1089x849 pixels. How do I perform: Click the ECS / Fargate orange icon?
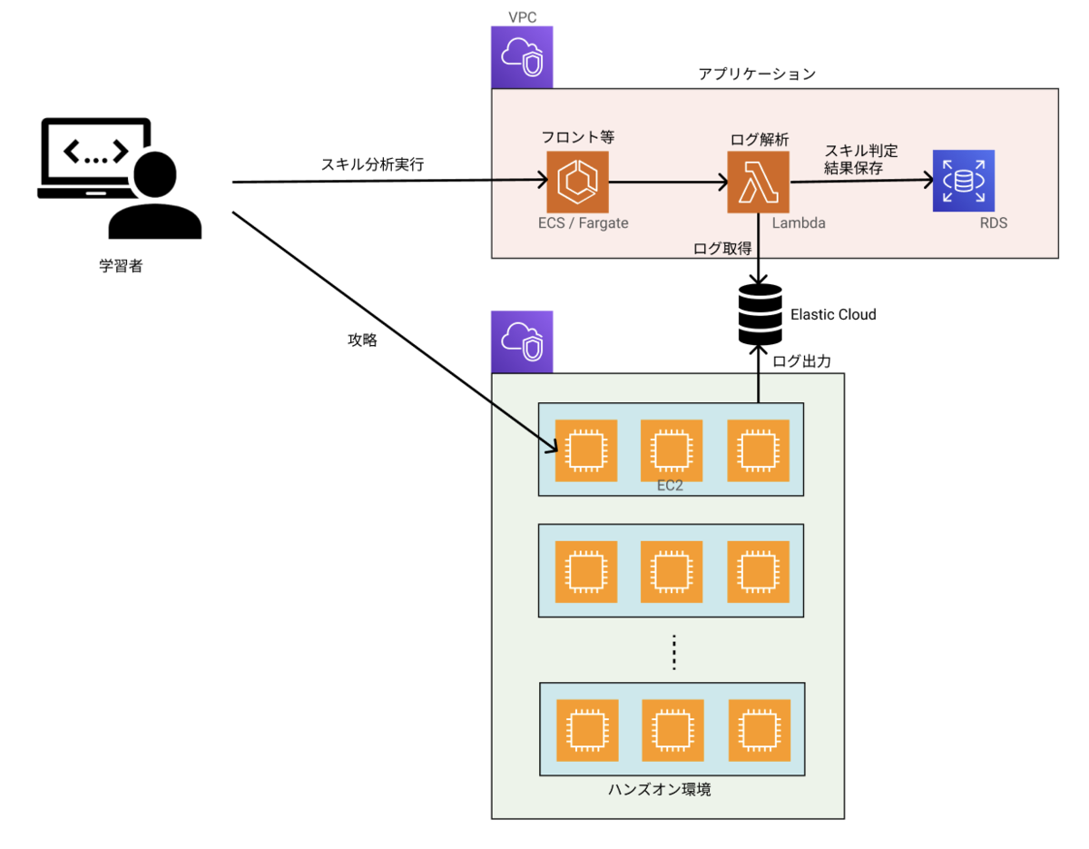(x=577, y=183)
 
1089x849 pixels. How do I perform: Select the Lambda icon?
(x=758, y=183)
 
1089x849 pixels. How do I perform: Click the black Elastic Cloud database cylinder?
(x=760, y=314)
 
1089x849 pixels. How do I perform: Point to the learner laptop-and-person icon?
(x=119, y=177)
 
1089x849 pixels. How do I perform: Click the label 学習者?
(x=121, y=268)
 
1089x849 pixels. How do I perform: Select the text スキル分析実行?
(x=372, y=164)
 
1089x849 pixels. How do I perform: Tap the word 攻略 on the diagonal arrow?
(x=362, y=341)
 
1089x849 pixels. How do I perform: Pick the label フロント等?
(x=577, y=139)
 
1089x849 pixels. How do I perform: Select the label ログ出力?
(x=802, y=360)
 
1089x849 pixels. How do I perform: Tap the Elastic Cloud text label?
(x=833, y=314)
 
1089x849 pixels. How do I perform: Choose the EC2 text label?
(x=670, y=486)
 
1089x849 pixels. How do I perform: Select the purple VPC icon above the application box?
(x=522, y=56)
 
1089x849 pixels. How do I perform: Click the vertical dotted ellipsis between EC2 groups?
(x=674, y=654)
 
